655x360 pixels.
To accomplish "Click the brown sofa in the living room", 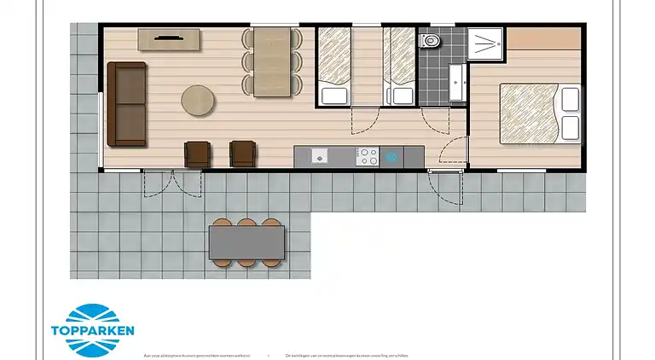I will [126, 103].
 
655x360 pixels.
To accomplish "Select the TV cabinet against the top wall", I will [169, 39].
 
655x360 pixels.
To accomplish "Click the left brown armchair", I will [198, 154].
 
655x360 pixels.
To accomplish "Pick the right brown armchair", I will [242, 154].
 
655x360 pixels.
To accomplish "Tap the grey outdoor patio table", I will [247, 241].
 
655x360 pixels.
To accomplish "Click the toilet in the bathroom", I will [431, 40].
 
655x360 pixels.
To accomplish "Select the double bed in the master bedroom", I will [539, 112].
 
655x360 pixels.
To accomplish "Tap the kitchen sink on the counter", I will [318, 156].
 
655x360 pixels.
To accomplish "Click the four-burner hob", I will [368, 156].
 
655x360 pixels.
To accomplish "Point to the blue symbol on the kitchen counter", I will [392, 156].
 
